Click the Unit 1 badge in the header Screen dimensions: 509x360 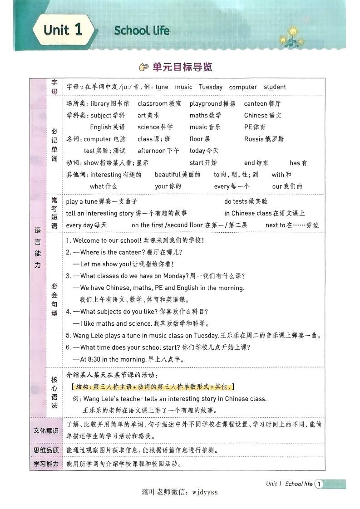(63, 30)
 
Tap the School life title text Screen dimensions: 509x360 (142, 31)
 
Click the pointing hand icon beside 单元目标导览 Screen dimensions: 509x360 (144, 68)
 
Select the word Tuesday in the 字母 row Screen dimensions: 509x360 (211, 87)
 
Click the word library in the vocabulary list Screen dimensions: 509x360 (100, 104)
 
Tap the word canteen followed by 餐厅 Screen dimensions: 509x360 (256, 104)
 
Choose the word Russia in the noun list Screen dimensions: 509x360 (254, 139)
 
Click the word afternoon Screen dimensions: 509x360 (152, 151)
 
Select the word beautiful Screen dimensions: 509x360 (170, 175)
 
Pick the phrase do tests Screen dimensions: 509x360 (236, 201)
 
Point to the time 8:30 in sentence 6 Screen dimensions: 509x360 (93, 359)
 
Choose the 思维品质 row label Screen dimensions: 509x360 (46, 450)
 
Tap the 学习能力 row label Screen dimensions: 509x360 (46, 464)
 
